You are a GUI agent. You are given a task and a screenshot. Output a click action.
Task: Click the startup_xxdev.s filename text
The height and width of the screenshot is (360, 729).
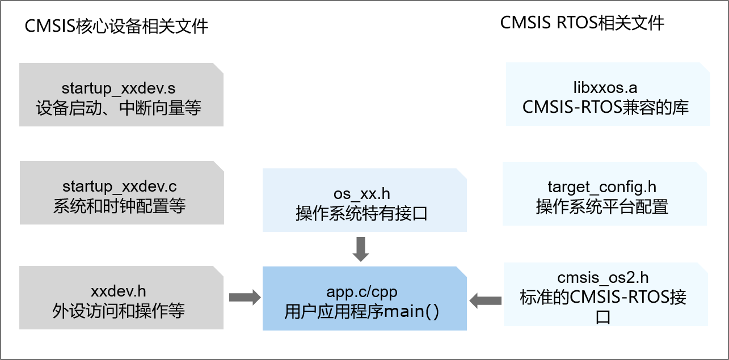click(x=119, y=88)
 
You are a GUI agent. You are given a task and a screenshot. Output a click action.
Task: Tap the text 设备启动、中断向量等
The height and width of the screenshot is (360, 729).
click(x=119, y=108)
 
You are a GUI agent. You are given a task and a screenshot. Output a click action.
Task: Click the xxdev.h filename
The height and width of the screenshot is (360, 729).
click(x=119, y=291)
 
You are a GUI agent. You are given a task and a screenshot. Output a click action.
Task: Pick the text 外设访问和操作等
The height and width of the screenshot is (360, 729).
click(x=119, y=311)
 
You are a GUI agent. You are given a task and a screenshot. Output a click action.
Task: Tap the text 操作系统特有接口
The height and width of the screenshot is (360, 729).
click(x=361, y=213)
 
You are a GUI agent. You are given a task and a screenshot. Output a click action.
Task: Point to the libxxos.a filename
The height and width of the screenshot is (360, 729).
click(x=605, y=88)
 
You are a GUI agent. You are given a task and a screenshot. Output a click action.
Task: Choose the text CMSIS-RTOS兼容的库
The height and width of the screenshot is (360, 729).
click(x=605, y=107)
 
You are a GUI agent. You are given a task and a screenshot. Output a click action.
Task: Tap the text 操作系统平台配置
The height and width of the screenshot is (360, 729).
click(x=602, y=206)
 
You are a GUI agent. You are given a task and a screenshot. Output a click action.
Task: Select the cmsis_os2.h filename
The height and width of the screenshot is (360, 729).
click(x=603, y=278)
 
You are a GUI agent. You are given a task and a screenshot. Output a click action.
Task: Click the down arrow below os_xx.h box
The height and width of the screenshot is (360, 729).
click(x=361, y=249)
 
